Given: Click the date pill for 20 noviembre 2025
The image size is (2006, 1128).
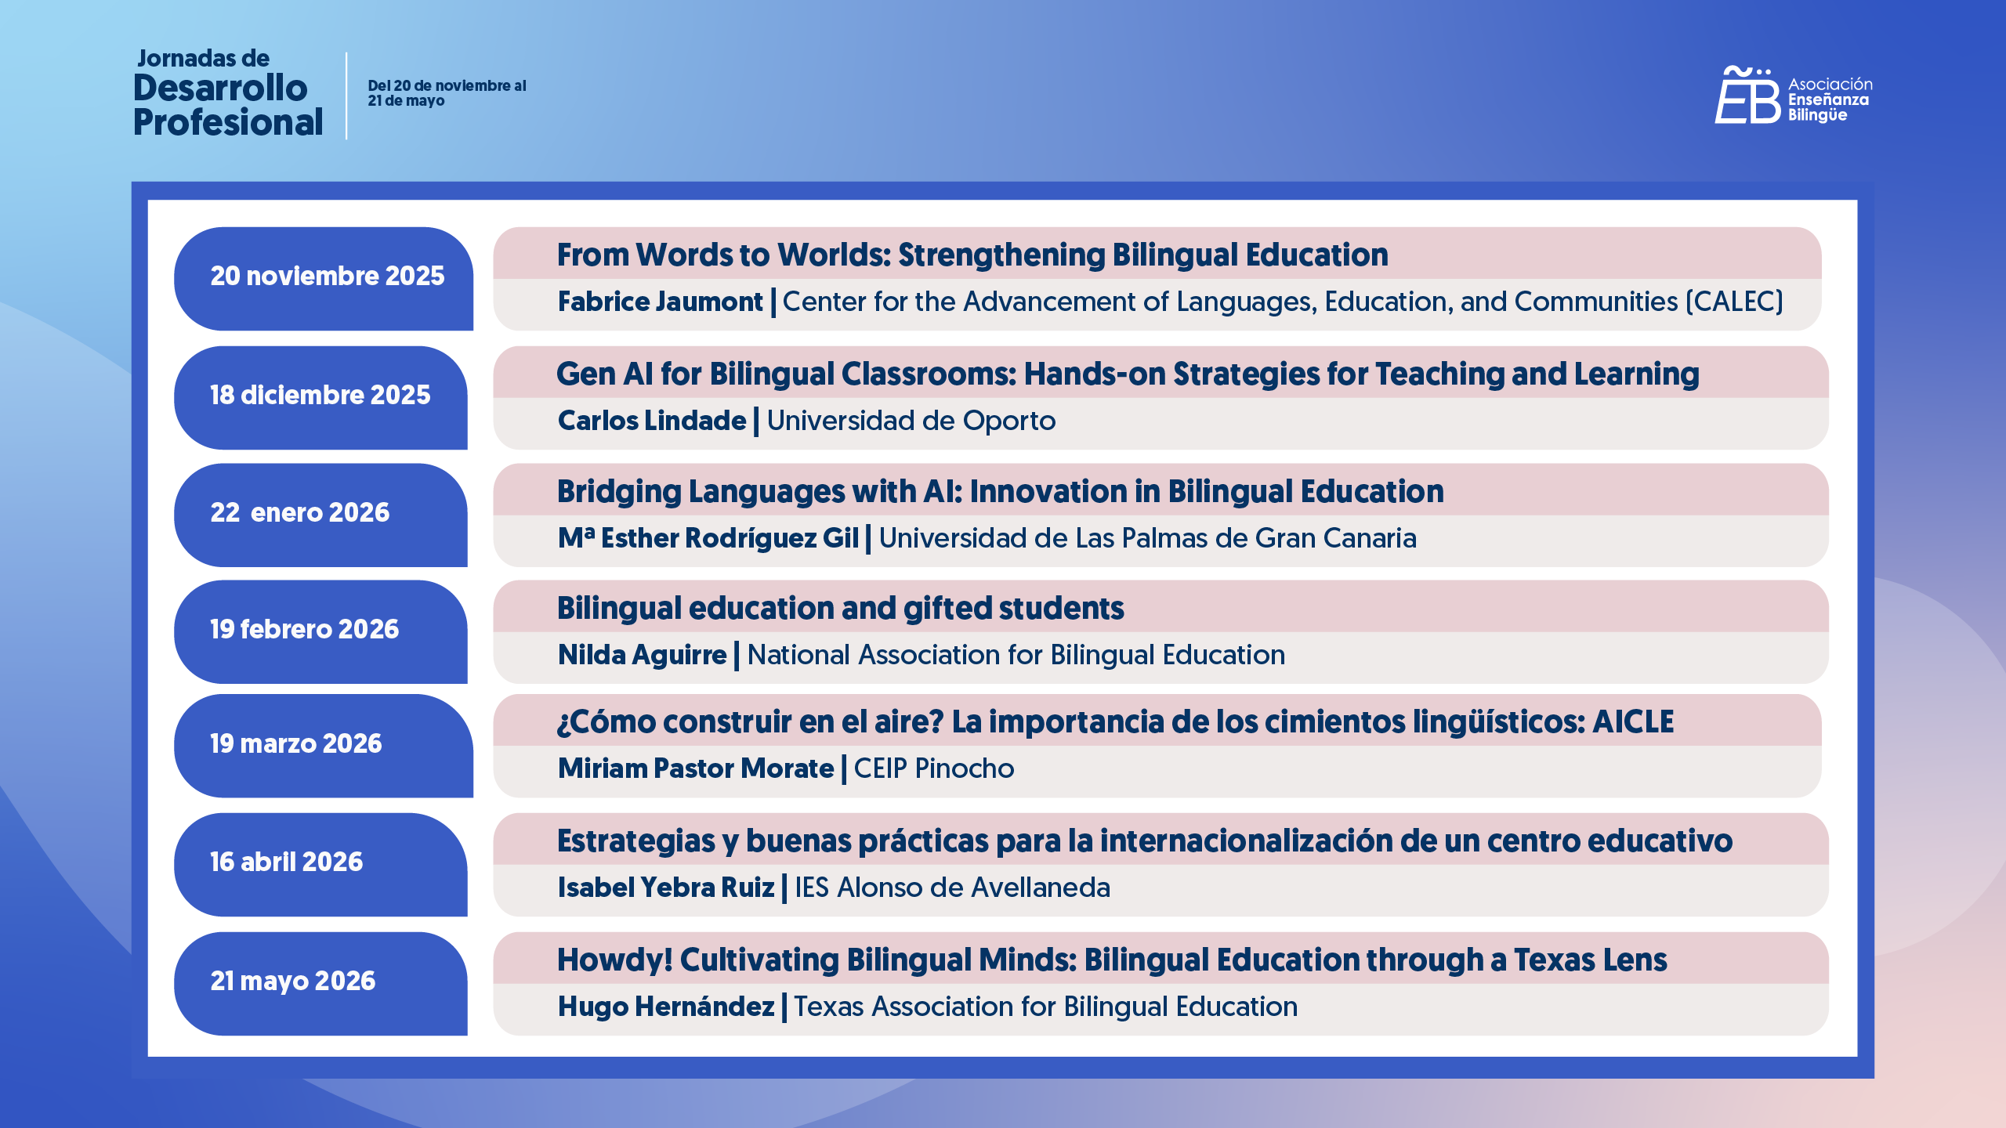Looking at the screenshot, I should tap(324, 278).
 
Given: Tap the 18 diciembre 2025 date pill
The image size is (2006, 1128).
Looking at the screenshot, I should tap(320, 397).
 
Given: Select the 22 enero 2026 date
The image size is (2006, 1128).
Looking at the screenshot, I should tap(320, 514).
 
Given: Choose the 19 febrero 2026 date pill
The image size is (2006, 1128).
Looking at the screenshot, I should tap(320, 631).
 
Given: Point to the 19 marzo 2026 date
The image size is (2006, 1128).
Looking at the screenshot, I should tap(324, 745).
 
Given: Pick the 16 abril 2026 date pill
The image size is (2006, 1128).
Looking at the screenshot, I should tap(320, 863).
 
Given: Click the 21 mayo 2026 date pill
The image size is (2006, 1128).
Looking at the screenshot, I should tap(320, 982).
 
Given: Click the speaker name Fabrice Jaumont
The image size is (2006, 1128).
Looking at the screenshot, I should tap(660, 302).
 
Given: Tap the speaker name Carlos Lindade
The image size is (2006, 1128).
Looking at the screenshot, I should tap(652, 421).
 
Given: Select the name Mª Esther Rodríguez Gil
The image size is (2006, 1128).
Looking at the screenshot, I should tap(708, 539).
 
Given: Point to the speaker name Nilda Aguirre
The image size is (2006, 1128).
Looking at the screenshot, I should tap(642, 656).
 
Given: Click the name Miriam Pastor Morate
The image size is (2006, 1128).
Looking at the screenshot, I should tap(696, 769).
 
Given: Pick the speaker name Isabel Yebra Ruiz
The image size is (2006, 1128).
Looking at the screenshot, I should tap(666, 888).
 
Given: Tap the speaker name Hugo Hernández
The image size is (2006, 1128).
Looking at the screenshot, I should tap(666, 1007).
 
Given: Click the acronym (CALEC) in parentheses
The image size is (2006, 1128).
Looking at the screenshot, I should tap(1734, 302).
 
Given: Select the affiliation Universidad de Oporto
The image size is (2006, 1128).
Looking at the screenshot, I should tap(911, 421).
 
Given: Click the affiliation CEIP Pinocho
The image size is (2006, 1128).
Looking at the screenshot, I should tap(934, 769).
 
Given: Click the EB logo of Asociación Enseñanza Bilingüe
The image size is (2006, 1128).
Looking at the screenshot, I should tap(1747, 96).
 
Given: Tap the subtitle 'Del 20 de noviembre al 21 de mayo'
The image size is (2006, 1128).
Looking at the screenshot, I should tap(447, 93).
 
